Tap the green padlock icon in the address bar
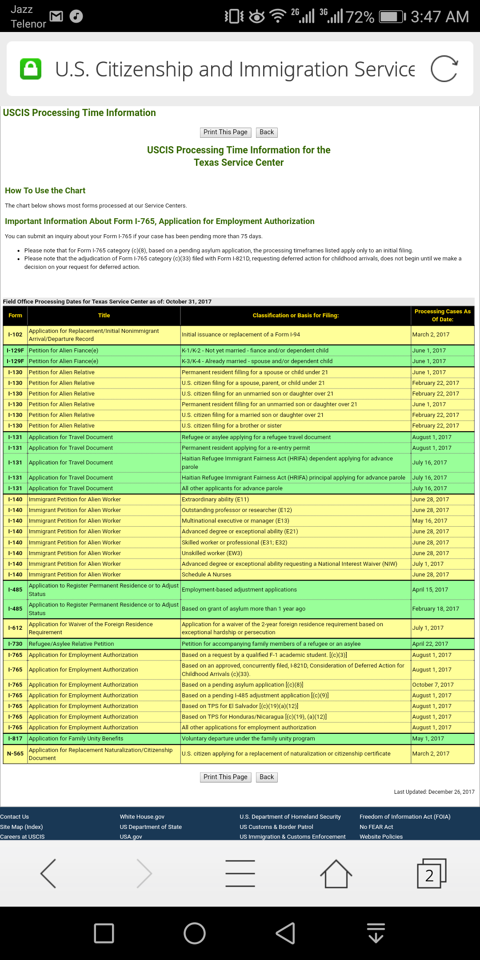tap(31, 69)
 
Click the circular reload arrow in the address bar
tap(444, 69)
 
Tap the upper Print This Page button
tap(225, 132)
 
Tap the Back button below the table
tap(267, 777)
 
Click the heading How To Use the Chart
tap(45, 191)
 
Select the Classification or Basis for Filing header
tap(296, 316)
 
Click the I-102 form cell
tap(15, 335)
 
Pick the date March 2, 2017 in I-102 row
tap(431, 335)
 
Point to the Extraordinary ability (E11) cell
tap(216, 500)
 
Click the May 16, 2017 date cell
tap(430, 521)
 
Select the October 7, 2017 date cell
tap(433, 685)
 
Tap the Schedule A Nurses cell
tap(207, 575)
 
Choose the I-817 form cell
tap(15, 739)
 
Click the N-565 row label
tap(15, 754)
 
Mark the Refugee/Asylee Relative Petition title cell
tap(72, 644)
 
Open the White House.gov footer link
tap(142, 817)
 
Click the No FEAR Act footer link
tap(376, 827)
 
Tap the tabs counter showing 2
tap(430, 874)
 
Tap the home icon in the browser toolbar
tap(336, 874)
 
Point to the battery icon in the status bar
tap(392, 17)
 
